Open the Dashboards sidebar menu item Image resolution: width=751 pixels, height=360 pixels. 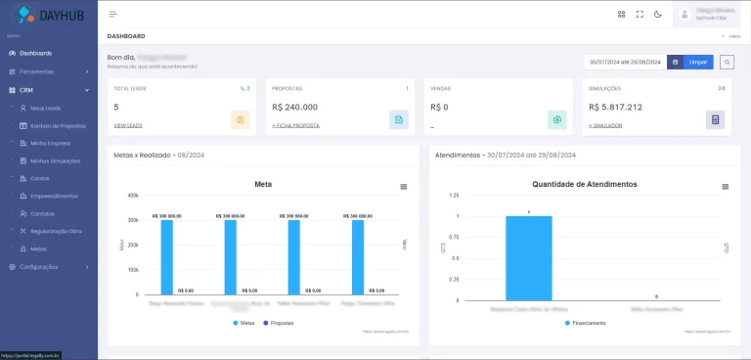tap(35, 53)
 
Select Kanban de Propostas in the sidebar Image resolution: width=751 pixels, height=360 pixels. tap(58, 126)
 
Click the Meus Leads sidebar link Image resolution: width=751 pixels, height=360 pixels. tap(45, 108)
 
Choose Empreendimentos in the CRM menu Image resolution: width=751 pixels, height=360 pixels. tap(54, 196)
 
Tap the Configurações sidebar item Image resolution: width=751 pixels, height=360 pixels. tap(39, 266)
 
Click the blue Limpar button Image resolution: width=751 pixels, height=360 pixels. tap(697, 62)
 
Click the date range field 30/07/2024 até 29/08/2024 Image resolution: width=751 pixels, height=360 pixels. tap(624, 62)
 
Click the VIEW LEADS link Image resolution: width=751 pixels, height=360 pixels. tap(128, 126)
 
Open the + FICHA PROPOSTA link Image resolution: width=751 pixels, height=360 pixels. tap(295, 126)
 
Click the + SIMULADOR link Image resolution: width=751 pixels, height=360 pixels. tap(604, 126)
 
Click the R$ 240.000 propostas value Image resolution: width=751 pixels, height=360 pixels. tap(294, 107)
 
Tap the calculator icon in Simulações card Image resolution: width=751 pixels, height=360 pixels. tap(716, 119)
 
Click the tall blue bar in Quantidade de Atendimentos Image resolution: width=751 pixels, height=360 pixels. tap(528, 258)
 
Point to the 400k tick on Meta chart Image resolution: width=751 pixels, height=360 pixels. tap(132, 195)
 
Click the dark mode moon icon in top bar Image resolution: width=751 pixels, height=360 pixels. tap(658, 14)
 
